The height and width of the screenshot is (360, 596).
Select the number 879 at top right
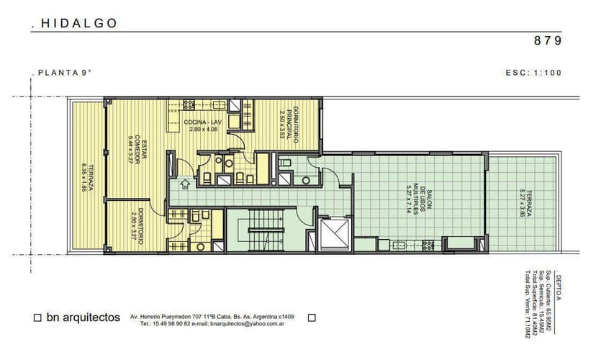(548, 41)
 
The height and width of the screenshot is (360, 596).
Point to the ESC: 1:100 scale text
(533, 73)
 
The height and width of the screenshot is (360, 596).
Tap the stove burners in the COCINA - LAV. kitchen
(189, 104)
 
